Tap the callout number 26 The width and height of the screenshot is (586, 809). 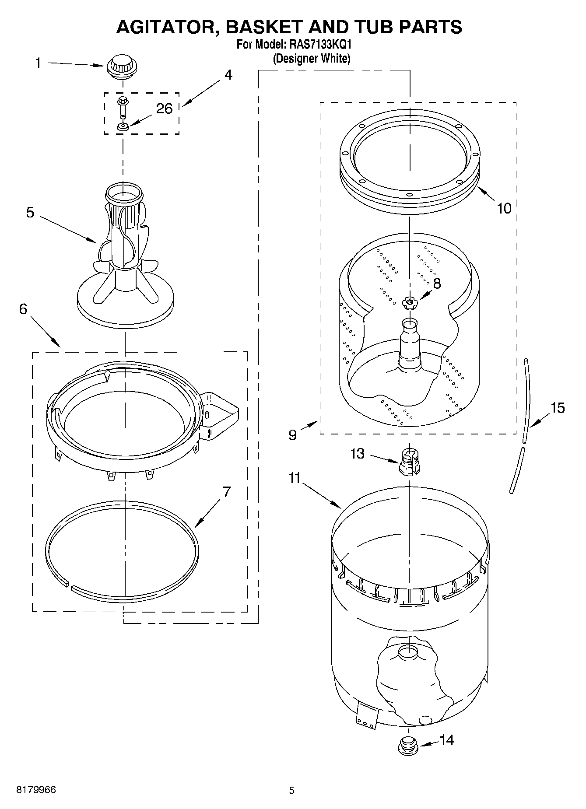click(164, 108)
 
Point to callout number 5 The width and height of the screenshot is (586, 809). click(30, 212)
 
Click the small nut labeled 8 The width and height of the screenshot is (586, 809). click(410, 302)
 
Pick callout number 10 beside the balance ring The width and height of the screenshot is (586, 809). click(504, 208)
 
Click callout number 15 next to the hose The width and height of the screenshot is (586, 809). click(558, 408)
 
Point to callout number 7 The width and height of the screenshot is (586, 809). click(226, 492)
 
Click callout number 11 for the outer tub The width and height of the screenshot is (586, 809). click(294, 478)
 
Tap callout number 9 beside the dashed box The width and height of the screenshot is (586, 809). click(293, 434)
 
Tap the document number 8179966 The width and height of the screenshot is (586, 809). click(36, 790)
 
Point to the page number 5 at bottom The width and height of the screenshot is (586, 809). click(291, 790)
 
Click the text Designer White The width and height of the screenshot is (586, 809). click(311, 58)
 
